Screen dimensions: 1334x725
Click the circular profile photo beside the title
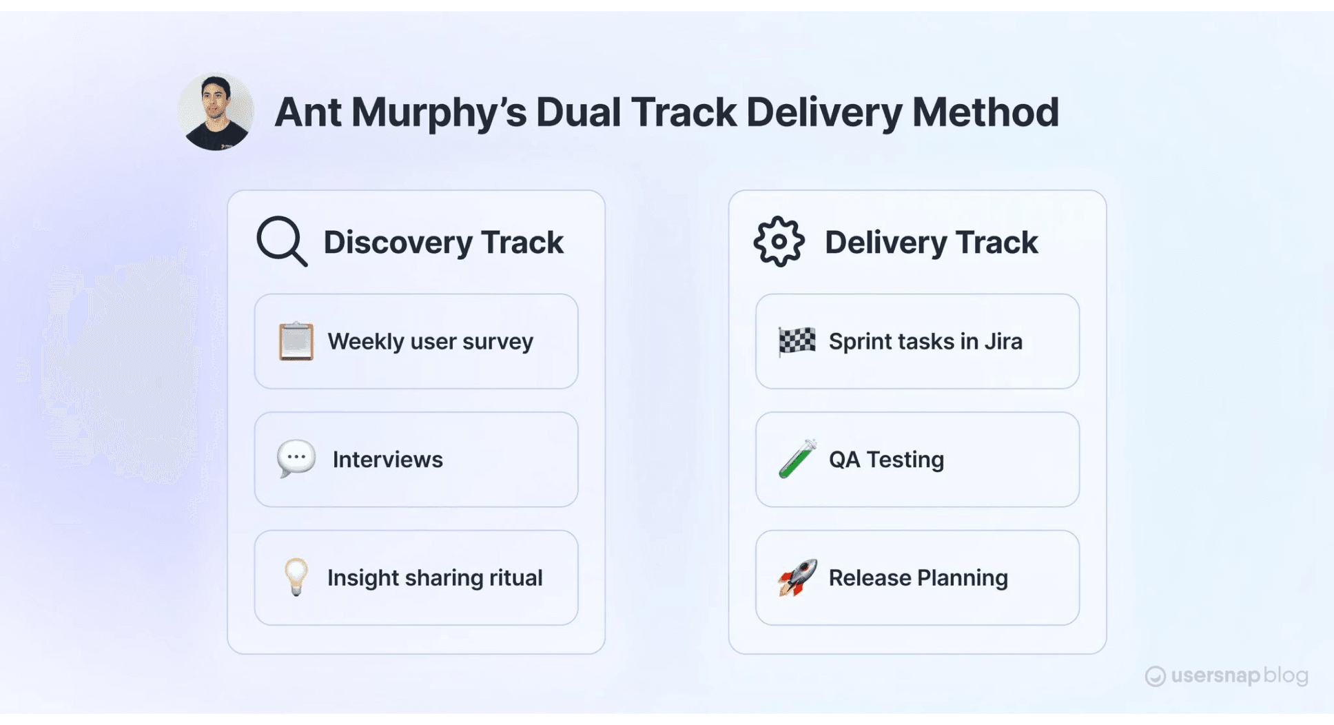(216, 112)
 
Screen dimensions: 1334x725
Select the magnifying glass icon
(281, 241)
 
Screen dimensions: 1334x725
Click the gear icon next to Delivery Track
(779, 241)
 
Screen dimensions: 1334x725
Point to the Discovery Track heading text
(443, 243)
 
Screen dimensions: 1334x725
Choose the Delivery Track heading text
(931, 243)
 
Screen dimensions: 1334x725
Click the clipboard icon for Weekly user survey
(296, 341)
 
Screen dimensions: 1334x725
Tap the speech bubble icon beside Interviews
(296, 458)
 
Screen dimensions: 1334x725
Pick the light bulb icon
(296, 577)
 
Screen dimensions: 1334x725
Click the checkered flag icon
(797, 341)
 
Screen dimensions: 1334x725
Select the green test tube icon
(797, 459)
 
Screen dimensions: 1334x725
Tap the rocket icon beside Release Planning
(797, 577)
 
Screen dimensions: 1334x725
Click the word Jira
(1003, 341)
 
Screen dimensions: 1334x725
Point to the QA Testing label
(886, 460)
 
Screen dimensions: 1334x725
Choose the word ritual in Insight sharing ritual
(515, 578)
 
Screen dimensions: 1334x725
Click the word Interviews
(387, 460)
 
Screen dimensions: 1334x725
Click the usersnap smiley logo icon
(1155, 677)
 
